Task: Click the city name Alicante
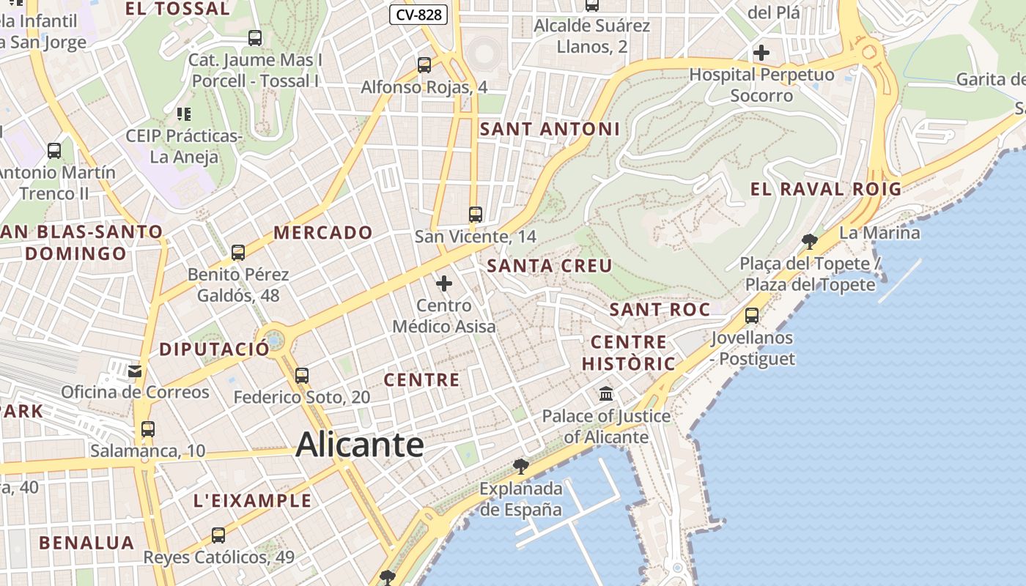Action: [360, 445]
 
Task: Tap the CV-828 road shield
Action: [418, 14]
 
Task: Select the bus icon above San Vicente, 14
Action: [476, 215]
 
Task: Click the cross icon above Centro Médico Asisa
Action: [444, 283]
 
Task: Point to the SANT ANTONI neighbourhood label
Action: [550, 129]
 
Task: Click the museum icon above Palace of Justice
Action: [606, 394]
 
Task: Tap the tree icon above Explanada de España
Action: [520, 467]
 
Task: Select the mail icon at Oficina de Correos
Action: [135, 371]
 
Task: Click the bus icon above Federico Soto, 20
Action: [301, 376]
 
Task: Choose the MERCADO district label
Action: [323, 233]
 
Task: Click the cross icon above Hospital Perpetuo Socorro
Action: [761, 53]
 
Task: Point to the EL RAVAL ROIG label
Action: [825, 189]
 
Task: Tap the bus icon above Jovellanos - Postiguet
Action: [751, 316]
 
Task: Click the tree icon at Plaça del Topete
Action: [809, 241]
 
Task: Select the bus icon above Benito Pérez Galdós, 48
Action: [237, 253]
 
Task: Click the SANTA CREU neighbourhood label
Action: [550, 266]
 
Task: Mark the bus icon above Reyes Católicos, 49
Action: [218, 535]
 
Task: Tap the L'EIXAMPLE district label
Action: [252, 501]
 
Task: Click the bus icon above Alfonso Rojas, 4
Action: [424, 65]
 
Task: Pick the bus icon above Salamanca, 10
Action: [147, 429]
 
